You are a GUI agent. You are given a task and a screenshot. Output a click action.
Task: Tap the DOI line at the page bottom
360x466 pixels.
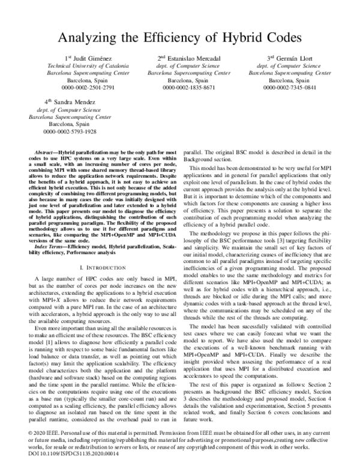pyautogui.click(x=61, y=455)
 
